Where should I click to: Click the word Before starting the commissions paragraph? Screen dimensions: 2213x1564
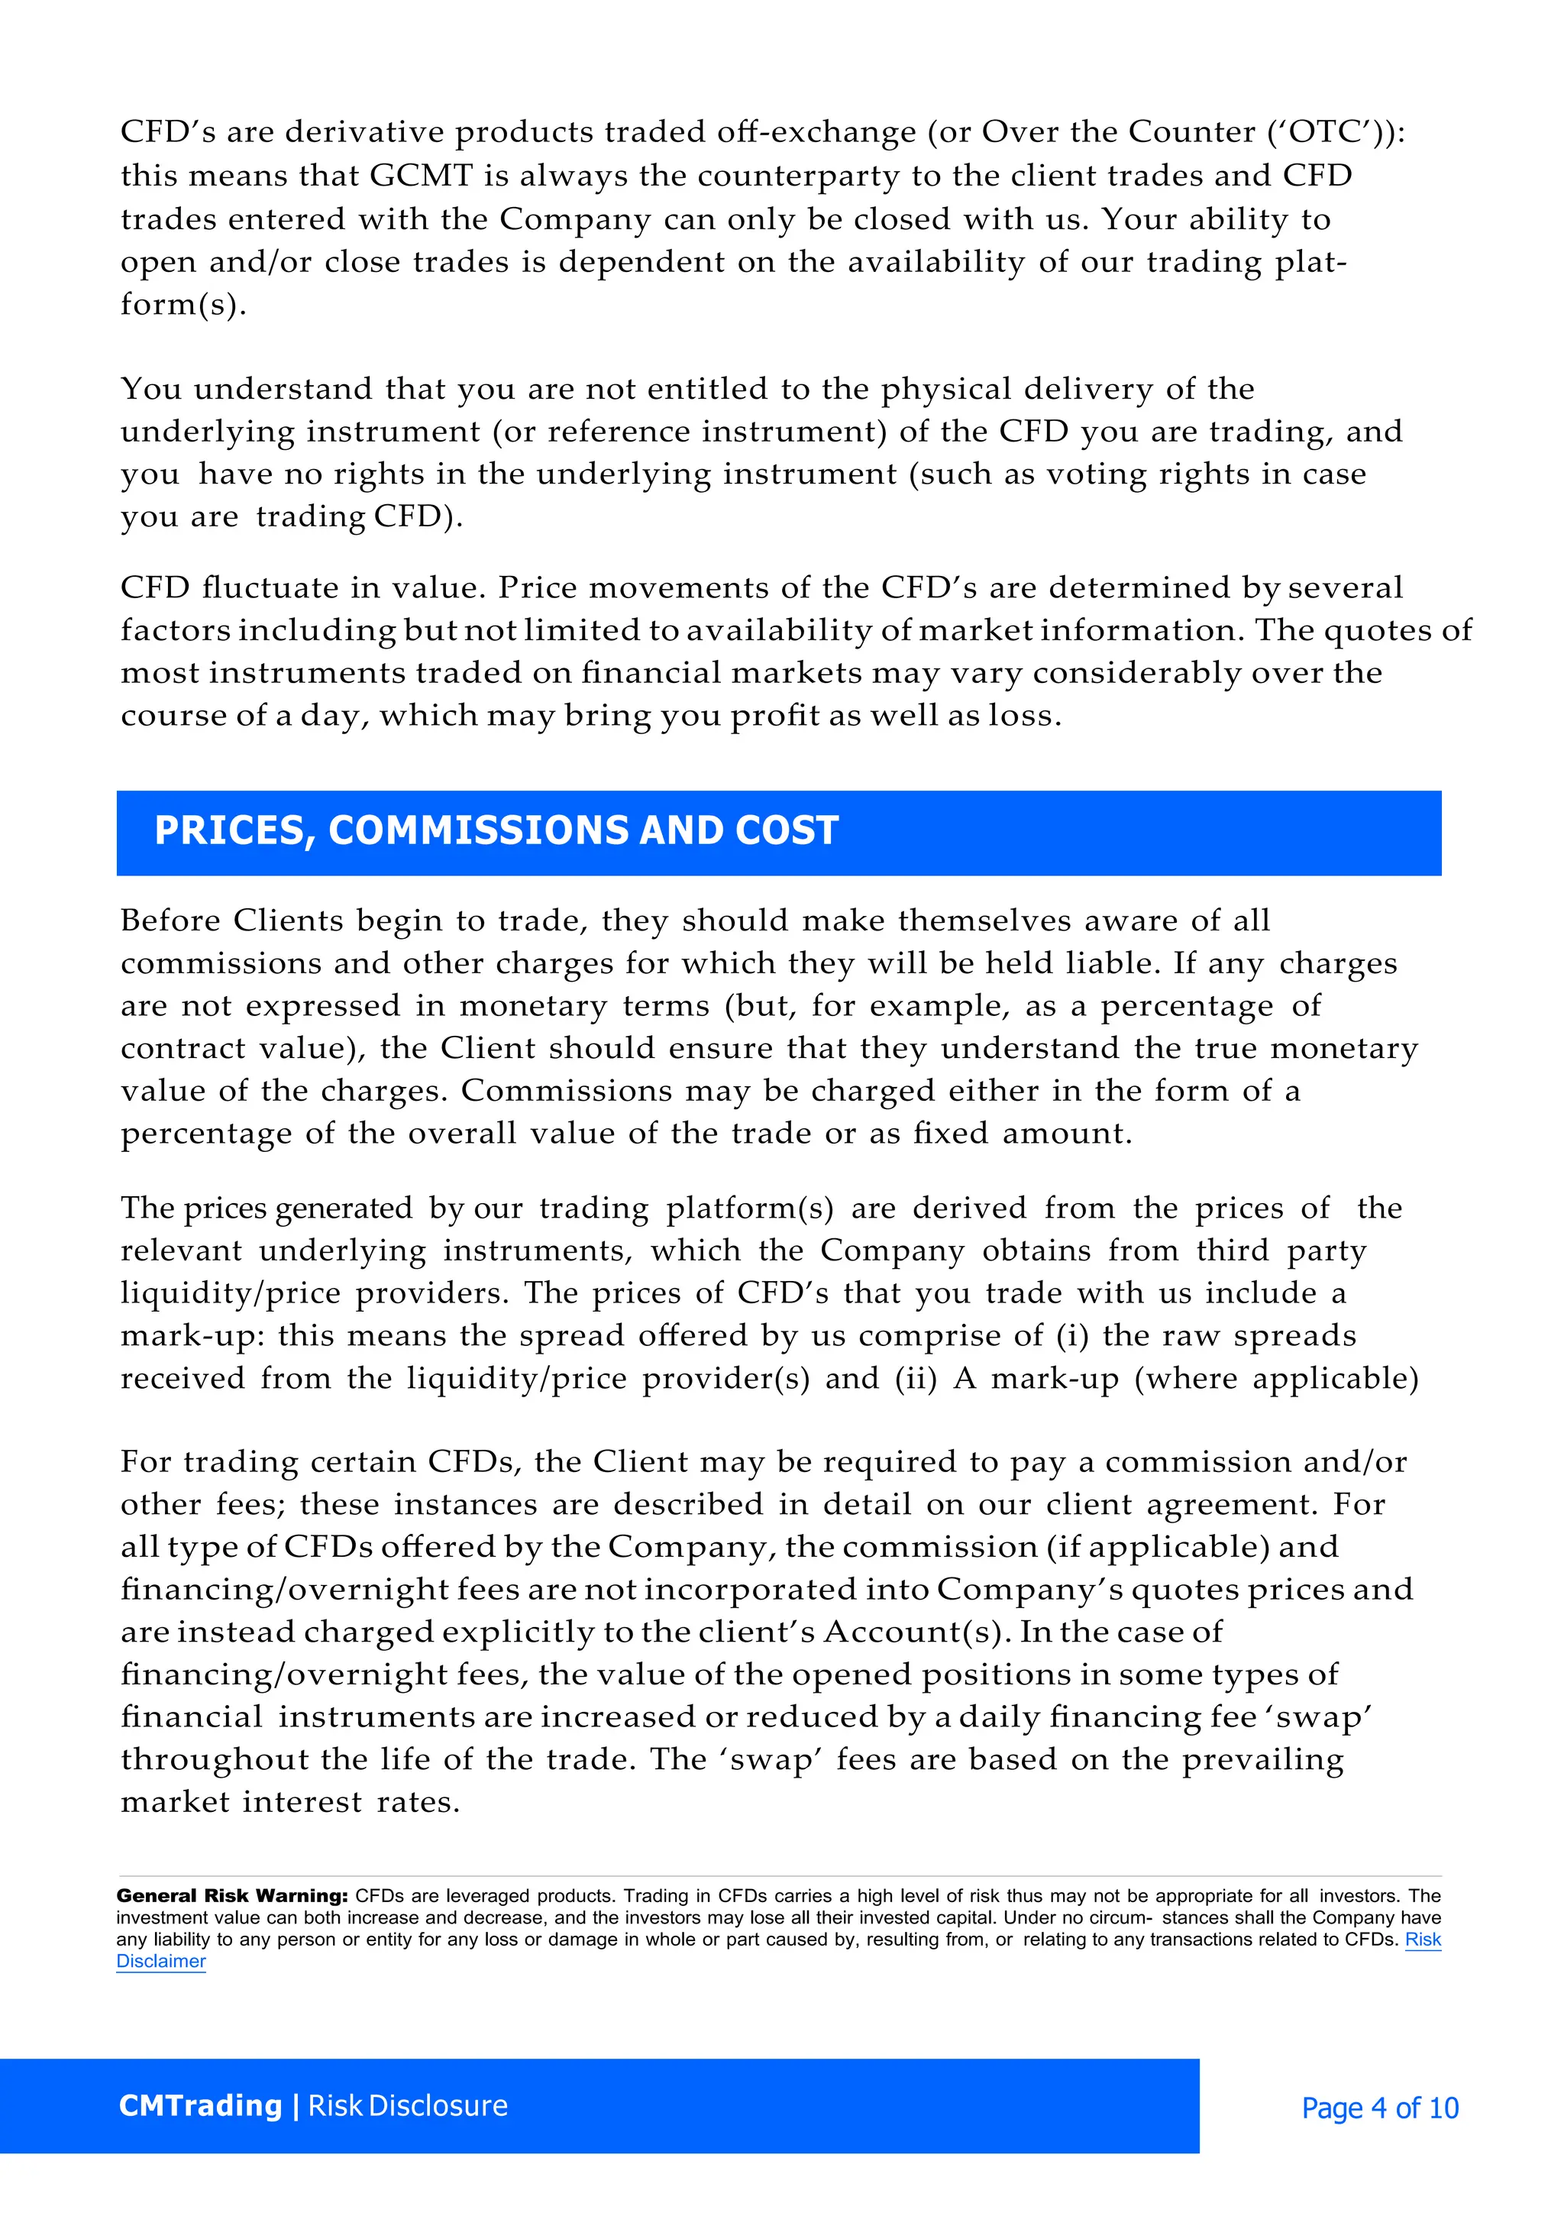click(169, 920)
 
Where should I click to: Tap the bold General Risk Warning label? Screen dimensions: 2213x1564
click(232, 1896)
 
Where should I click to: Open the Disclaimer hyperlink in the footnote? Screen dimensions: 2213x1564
click(161, 1962)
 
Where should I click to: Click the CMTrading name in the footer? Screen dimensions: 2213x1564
click(199, 2106)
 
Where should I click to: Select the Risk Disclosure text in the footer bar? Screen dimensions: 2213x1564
click(408, 2106)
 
